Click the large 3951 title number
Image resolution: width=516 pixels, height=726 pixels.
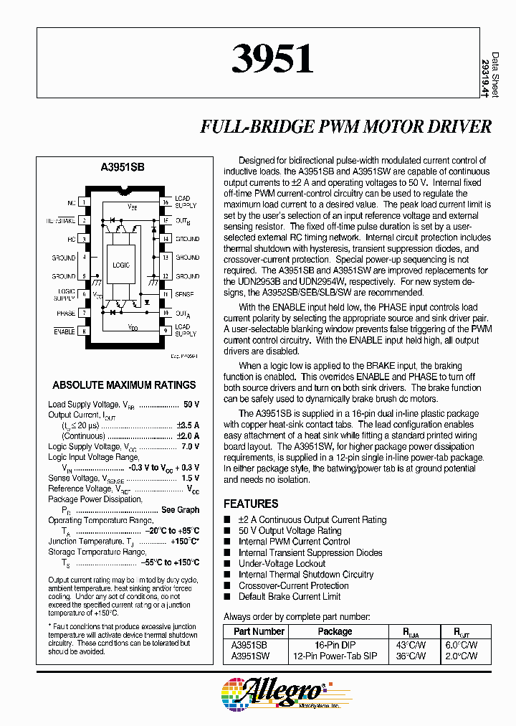pos(272,60)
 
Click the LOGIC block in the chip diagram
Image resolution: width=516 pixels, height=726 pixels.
pos(121,265)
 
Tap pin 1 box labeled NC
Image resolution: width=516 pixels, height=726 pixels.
pos(85,202)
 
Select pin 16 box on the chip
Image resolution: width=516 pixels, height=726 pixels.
pos(165,202)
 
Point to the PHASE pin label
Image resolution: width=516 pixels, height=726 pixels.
pos(66,313)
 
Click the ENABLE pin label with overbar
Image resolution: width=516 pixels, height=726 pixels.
pos(64,331)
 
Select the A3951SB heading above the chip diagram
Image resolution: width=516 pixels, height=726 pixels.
pos(123,166)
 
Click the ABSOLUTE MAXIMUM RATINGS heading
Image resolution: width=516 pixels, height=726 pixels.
pos(124,385)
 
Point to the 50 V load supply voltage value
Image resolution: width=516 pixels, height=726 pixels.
pos(191,405)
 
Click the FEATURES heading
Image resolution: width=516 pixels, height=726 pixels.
pos(251,504)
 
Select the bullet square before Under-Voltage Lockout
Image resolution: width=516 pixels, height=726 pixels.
pos(228,563)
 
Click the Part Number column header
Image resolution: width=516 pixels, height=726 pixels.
pos(259,631)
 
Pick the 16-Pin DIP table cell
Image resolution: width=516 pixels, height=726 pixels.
pos(335,645)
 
